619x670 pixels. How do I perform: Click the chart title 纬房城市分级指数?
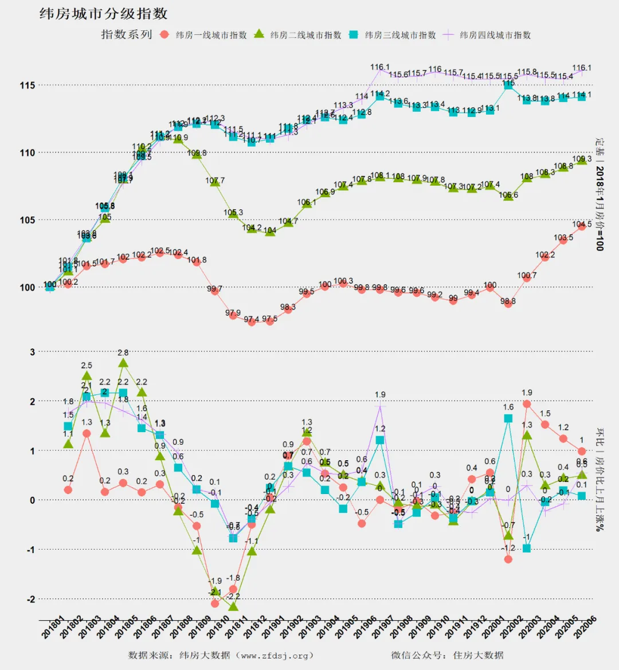click(103, 14)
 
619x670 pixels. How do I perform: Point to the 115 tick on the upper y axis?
click(28, 85)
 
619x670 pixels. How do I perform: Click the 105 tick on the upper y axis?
click(28, 220)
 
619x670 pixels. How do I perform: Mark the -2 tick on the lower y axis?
click(30, 599)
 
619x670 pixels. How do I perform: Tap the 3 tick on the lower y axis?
click(33, 352)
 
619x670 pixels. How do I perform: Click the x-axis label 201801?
click(53, 628)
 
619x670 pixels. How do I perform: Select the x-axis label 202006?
click(585, 628)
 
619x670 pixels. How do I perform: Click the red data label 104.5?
click(582, 225)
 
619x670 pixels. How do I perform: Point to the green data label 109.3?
click(582, 159)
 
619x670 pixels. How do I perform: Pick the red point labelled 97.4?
click(251, 322)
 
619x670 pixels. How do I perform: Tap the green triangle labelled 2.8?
click(123, 363)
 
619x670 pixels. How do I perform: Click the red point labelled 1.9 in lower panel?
click(527, 404)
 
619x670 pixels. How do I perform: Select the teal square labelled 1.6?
click(508, 418)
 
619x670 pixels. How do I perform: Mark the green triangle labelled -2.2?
click(233, 606)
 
